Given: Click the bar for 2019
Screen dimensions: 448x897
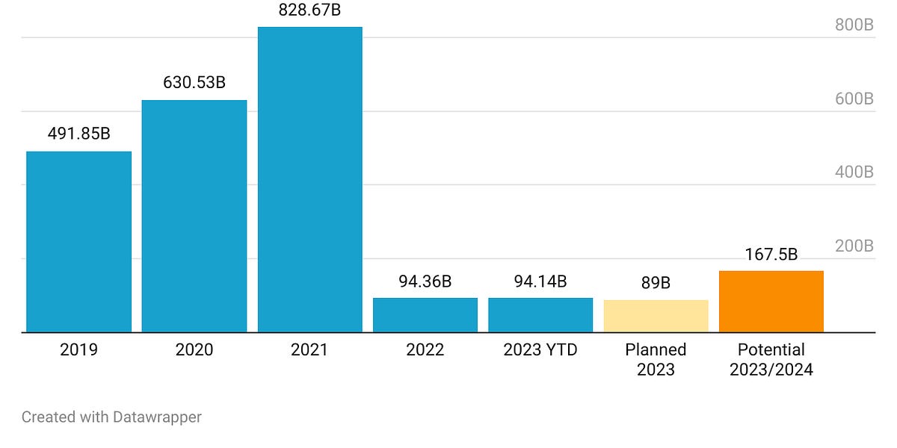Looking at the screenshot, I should coord(78,242).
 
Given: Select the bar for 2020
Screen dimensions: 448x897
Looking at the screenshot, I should coord(194,216).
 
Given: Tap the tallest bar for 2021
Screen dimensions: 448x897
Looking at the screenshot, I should coord(309,179).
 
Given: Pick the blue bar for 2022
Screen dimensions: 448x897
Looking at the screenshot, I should coord(425,315).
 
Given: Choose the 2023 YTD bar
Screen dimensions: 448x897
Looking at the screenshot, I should coord(540,315).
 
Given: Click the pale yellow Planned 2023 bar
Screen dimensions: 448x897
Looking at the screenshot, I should coord(656,316).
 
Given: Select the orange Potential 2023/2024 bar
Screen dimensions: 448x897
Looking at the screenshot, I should coord(771,302).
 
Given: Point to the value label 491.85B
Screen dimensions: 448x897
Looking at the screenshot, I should coord(78,134).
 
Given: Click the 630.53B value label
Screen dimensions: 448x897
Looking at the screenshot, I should coord(194,83).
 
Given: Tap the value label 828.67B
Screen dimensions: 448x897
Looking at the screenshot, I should coord(309,10).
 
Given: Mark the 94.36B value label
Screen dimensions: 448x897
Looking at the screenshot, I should coord(425,281).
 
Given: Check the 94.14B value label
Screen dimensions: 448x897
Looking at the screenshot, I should coord(540,281).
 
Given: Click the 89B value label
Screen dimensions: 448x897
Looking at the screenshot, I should coord(656,284).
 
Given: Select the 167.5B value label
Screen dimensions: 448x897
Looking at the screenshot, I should coord(771,255).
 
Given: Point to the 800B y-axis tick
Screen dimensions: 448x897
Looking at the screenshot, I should coord(854,25).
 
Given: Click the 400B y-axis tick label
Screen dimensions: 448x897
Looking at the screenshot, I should coord(854,172).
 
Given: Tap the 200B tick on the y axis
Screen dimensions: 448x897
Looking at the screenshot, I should coord(854,246).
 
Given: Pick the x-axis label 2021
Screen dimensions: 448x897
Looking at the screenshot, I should coord(309,349).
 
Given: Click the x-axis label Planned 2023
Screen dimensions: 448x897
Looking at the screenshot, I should coord(656,359).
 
